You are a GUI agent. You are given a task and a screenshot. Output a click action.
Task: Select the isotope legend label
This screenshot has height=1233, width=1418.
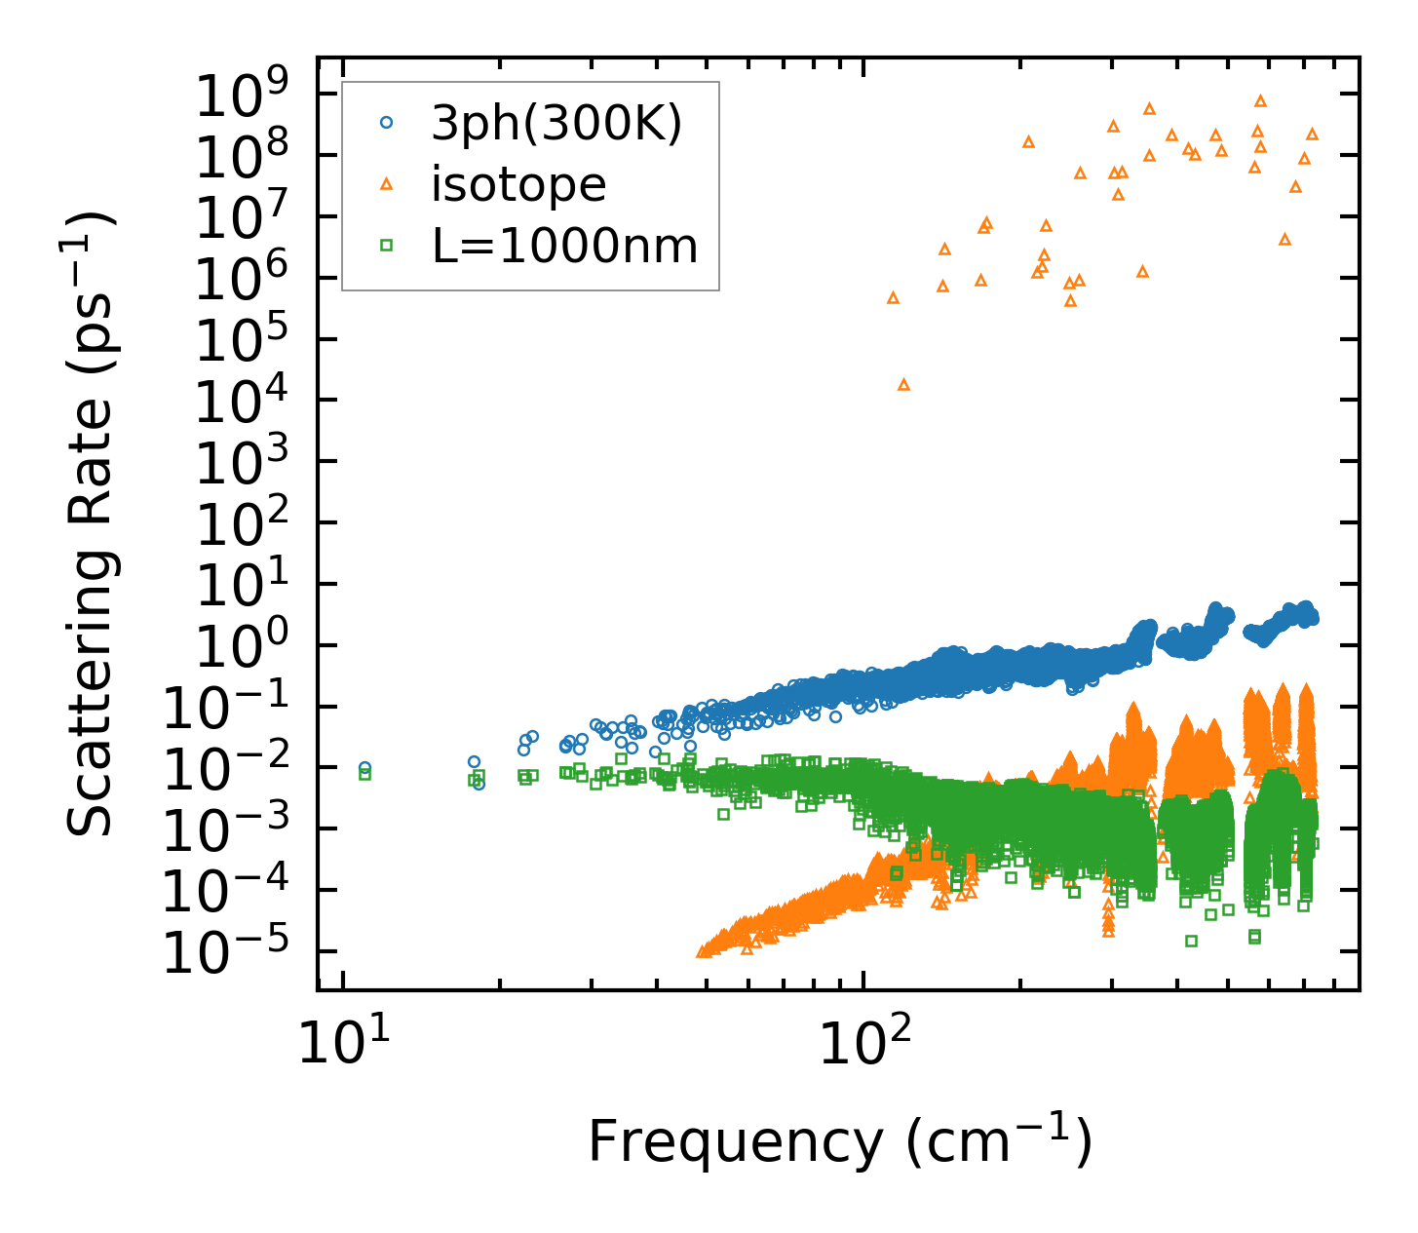click(518, 184)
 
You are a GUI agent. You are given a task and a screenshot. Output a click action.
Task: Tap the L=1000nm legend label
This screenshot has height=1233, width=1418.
click(564, 246)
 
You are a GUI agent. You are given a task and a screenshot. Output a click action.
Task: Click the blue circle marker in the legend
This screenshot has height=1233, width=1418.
click(387, 123)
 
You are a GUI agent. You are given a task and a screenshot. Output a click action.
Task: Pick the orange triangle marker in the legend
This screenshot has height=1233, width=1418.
click(387, 183)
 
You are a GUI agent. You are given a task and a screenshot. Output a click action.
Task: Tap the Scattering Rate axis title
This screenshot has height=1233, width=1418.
click(91, 523)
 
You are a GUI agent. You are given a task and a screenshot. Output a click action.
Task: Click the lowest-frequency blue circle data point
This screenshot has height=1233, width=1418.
click(364, 768)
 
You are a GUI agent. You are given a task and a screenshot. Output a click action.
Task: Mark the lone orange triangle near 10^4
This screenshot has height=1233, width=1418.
click(903, 385)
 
